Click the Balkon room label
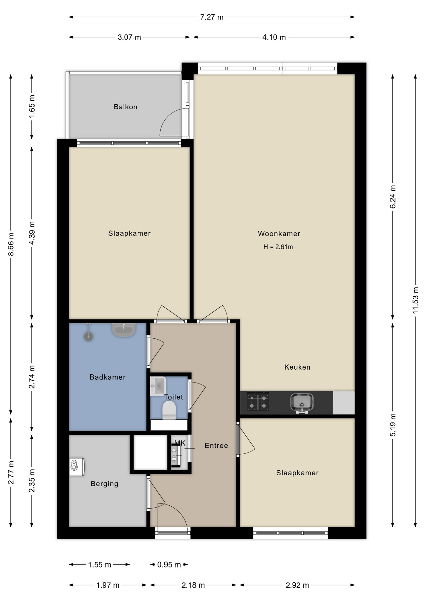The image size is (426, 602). click(125, 107)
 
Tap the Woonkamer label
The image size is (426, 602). click(279, 234)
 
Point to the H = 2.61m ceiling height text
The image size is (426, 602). click(278, 247)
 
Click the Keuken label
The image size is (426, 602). click(297, 367)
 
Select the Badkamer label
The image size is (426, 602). click(108, 377)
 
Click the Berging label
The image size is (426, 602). click(104, 484)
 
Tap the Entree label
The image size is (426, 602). click(216, 446)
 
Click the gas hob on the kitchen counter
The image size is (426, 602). click(258, 402)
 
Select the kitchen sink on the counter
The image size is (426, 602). click(302, 403)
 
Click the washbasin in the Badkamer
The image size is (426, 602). click(124, 330)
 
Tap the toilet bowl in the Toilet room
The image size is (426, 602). click(169, 410)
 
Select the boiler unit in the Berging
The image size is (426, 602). click(77, 467)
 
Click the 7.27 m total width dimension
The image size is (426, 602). click(212, 17)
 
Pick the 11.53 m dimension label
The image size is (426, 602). click(415, 300)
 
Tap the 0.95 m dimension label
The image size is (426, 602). click(169, 565)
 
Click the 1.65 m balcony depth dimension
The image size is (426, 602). click(32, 106)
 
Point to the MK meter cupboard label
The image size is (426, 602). click(180, 443)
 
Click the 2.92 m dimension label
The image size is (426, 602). click(297, 585)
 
